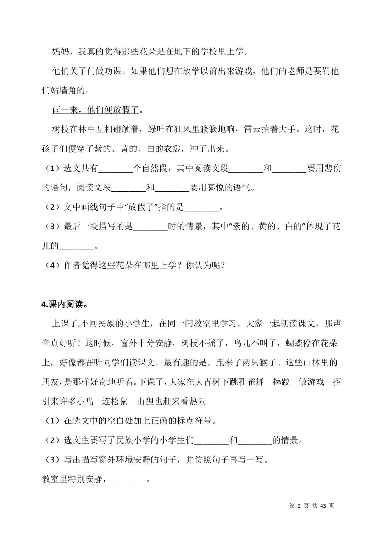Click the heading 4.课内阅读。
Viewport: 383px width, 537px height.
(x=65, y=304)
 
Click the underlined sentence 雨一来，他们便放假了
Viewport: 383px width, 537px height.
(x=95, y=110)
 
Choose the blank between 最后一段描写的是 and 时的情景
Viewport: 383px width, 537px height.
(x=150, y=227)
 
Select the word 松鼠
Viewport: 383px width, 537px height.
(x=119, y=402)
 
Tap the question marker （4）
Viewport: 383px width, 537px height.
(x=52, y=266)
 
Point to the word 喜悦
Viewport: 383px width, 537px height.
(x=216, y=188)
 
